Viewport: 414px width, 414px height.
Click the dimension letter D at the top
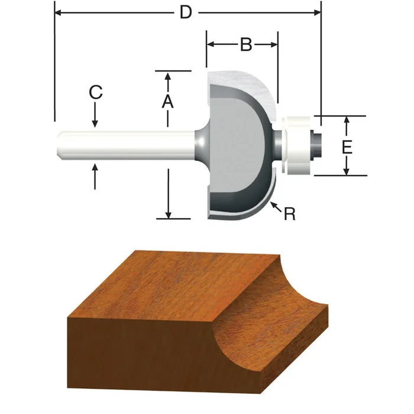[186, 12]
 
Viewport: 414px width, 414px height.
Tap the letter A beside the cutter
[168, 101]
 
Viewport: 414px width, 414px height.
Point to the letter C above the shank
[95, 93]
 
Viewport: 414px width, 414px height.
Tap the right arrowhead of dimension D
[316, 12]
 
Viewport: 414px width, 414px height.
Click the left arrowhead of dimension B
[211, 44]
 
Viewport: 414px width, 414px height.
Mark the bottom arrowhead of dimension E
[347, 172]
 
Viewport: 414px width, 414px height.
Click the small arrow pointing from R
[273, 205]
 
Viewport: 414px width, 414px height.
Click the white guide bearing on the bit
[297, 145]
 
